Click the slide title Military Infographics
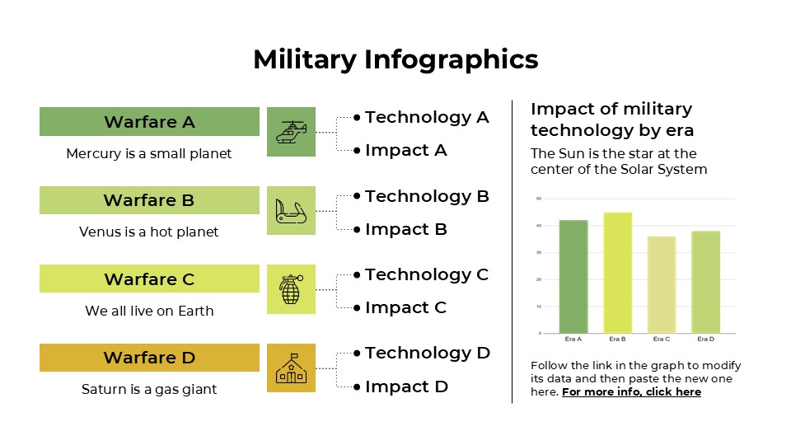click(x=395, y=59)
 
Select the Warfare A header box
click(x=149, y=122)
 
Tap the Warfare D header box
click(x=149, y=358)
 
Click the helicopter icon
click(x=291, y=132)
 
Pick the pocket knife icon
click(x=291, y=211)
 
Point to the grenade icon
click(x=291, y=289)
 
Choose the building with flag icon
click(x=291, y=368)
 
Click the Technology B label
click(x=427, y=196)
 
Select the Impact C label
click(x=405, y=307)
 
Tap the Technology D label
click(x=427, y=353)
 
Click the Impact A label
click(x=405, y=150)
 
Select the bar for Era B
click(x=617, y=273)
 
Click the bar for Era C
click(x=662, y=284)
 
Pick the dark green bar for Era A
click(x=573, y=277)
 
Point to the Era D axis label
click(x=705, y=339)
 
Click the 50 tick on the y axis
click(x=538, y=199)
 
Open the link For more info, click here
click(x=631, y=391)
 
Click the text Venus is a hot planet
click(x=149, y=232)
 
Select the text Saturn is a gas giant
click(x=149, y=389)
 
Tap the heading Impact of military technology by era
click(x=611, y=119)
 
